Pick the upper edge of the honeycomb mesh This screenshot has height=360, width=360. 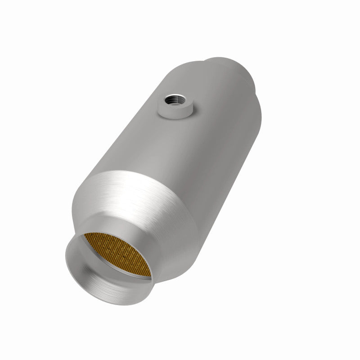pyautogui.click(x=112, y=234)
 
